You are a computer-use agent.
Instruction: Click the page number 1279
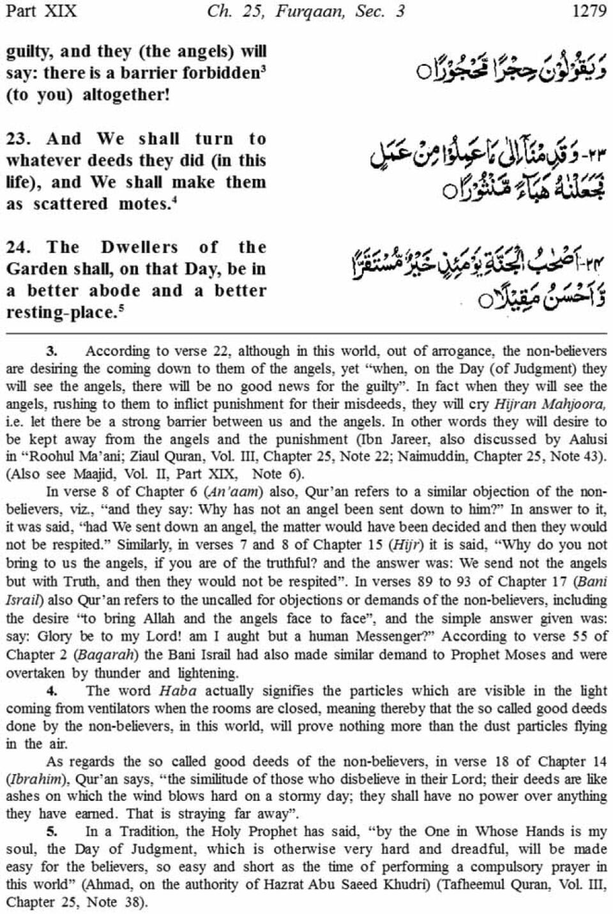point(589,12)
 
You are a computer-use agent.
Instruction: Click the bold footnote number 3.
point(52,351)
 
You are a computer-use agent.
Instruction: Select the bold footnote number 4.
point(52,691)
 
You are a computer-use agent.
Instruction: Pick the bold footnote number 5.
point(52,832)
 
